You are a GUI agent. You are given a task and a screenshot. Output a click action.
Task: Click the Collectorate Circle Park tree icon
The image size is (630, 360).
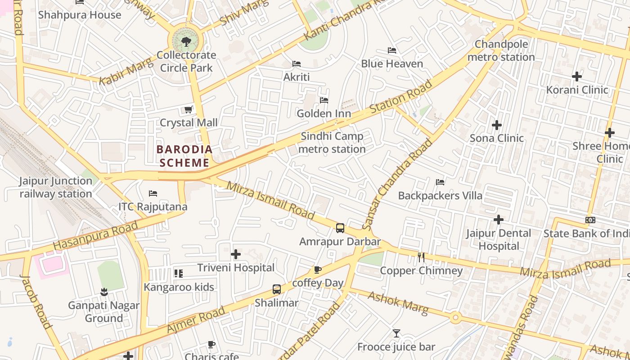[x=186, y=42]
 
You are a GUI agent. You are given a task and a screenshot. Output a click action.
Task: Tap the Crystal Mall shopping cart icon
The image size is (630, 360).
[x=189, y=110]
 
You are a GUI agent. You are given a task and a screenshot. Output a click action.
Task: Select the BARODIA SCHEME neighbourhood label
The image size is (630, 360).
[x=184, y=156]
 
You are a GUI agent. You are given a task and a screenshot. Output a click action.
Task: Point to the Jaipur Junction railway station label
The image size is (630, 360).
[x=56, y=187]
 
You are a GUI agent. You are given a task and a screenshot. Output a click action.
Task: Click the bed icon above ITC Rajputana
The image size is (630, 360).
[x=153, y=193]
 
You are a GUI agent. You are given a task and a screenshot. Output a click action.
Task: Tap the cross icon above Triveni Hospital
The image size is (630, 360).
[x=236, y=255]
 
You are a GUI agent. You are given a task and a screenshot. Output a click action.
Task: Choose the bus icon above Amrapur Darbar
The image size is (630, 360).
[x=340, y=228]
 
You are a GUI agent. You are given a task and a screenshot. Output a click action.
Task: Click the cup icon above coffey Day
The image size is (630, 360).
[x=317, y=270]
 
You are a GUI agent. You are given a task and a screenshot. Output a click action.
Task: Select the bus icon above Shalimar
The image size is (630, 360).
[x=277, y=289]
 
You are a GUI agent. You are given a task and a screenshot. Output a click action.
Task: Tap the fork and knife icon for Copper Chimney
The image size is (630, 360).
[x=421, y=257]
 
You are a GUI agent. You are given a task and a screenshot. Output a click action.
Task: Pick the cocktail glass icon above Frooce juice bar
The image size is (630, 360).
[x=396, y=333]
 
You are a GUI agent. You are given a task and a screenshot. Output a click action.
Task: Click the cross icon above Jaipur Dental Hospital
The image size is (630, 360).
[x=499, y=220]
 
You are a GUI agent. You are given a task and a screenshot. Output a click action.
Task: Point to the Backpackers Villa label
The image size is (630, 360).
[x=440, y=196]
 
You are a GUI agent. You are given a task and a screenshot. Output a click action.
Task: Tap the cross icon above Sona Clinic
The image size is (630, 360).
[x=497, y=125]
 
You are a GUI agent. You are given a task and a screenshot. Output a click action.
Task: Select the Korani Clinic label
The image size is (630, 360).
[x=577, y=90]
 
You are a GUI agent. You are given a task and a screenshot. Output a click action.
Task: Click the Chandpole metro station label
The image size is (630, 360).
[x=501, y=51]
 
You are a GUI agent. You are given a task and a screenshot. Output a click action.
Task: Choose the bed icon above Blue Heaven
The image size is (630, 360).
[x=392, y=50]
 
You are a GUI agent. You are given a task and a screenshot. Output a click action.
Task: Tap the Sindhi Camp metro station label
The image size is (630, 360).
[x=332, y=143]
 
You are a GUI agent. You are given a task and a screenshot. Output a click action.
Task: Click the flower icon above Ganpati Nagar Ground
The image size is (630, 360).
[x=104, y=292]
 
